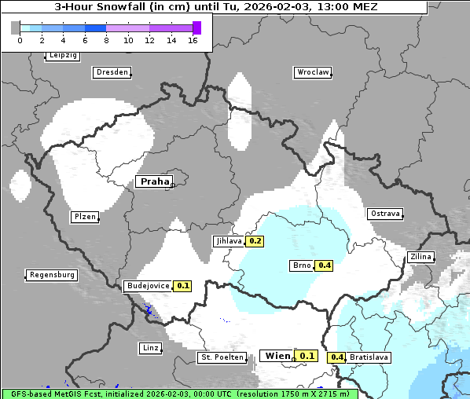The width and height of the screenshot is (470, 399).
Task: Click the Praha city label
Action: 153,181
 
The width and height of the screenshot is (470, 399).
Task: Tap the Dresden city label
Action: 112,72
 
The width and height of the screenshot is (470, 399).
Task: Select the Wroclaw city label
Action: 312,72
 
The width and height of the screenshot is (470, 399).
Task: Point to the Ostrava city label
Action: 385,214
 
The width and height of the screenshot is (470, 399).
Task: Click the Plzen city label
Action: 84,217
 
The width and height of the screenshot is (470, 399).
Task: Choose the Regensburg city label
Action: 52,275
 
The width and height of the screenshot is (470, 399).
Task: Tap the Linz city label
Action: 149,348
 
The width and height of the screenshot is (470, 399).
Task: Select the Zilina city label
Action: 420,257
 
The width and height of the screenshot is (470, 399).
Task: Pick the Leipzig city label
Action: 62,56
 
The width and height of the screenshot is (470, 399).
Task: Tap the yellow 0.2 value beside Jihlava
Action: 255,241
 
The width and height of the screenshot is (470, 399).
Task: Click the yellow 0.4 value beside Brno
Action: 324,265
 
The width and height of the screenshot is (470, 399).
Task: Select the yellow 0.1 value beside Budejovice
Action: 182,286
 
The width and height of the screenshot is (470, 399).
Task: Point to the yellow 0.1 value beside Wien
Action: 306,356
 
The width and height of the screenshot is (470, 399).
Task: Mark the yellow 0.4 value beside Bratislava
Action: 337,357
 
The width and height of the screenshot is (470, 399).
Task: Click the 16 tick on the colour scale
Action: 193,40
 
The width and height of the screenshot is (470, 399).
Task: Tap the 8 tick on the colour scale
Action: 105,40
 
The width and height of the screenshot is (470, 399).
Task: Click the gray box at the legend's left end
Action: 16,27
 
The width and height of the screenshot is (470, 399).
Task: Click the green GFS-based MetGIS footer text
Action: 179,394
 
